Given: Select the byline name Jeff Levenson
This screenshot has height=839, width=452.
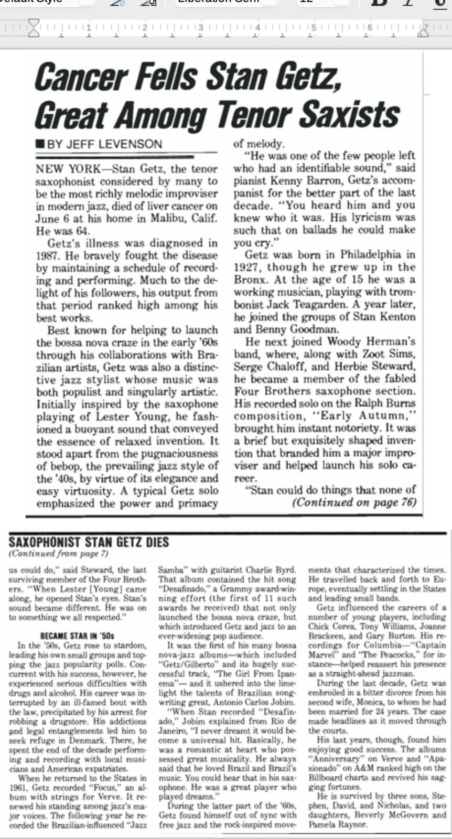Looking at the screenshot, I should (104, 144).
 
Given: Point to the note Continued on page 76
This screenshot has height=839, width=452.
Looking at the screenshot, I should (354, 502).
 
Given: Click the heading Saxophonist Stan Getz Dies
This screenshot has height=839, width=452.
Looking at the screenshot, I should (89, 542).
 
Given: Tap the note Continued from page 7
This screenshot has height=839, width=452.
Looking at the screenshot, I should (58, 553).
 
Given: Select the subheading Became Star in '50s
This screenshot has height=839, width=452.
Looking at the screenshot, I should (78, 636).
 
